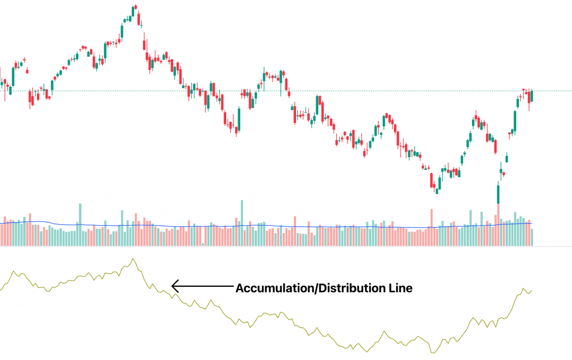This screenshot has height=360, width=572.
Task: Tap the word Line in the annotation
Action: click(x=400, y=288)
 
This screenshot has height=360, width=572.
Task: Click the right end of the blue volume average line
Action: click(x=532, y=223)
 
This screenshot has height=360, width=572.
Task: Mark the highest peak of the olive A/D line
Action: click(x=133, y=259)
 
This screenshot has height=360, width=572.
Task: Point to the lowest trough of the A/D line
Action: click(x=433, y=352)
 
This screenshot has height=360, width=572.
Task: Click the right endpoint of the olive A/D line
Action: click(x=532, y=290)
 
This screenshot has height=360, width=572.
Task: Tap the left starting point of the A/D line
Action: click(x=1, y=288)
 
